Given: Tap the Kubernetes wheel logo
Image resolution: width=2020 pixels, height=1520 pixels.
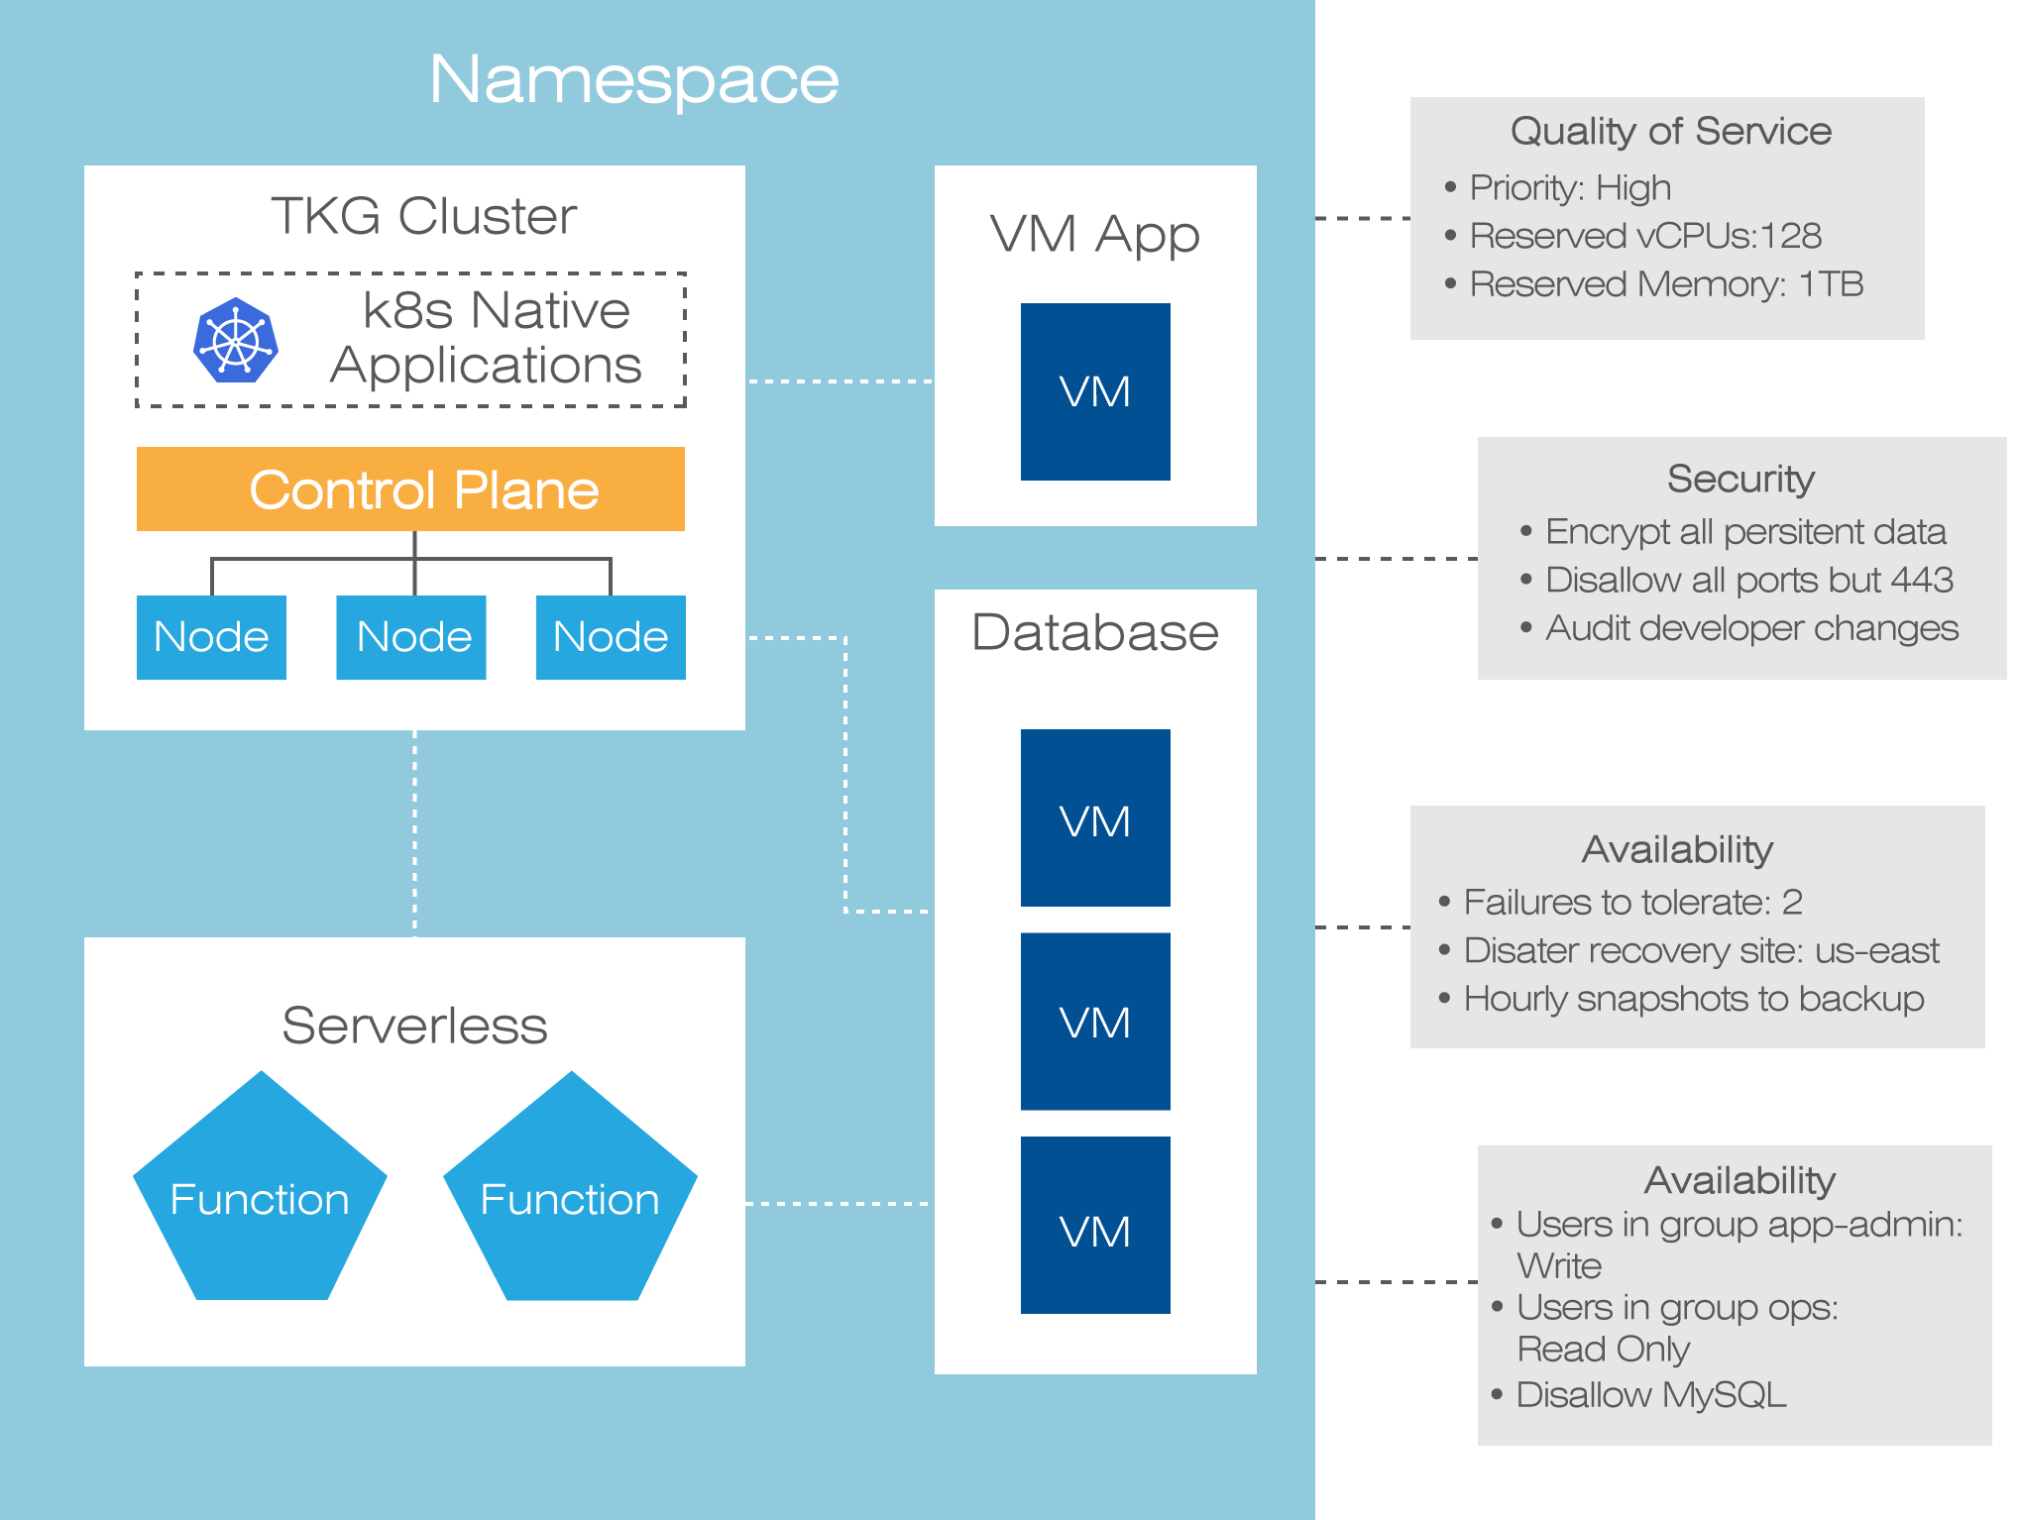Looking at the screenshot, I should [236, 340].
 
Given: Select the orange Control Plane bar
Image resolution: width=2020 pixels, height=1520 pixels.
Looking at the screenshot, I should [410, 489].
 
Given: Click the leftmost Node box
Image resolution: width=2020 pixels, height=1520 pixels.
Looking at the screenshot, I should [211, 637].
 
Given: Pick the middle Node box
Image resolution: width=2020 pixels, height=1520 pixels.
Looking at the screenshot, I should [411, 637].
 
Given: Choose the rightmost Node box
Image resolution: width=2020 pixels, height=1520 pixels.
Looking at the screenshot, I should [611, 637].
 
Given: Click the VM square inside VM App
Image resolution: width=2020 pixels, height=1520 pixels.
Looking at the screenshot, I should [1095, 391].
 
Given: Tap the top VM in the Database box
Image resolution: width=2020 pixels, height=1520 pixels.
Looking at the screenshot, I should [1095, 818].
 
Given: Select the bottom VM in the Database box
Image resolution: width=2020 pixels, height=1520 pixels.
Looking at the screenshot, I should [1095, 1226].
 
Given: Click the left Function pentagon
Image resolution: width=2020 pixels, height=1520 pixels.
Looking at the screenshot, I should [260, 1194].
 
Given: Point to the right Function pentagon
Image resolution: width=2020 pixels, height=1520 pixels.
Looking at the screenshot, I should [570, 1194].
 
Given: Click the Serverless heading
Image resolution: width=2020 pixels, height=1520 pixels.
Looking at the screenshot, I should [414, 1026].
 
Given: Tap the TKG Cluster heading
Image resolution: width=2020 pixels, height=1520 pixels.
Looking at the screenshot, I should [423, 216].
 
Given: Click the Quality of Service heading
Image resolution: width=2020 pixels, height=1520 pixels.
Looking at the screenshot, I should [1670, 131].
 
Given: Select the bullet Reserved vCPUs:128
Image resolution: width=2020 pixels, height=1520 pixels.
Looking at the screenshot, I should [1645, 236].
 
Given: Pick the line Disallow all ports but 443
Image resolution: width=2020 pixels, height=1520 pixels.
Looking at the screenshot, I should [1748, 580].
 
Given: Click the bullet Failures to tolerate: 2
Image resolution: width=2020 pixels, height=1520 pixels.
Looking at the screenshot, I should [1632, 902].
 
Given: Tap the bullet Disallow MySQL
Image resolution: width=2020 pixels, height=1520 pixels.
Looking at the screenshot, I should [1651, 1394].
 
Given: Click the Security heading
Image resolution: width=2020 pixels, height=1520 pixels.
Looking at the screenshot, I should [1740, 479].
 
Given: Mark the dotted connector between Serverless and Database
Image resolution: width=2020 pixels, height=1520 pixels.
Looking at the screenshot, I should [838, 1204].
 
